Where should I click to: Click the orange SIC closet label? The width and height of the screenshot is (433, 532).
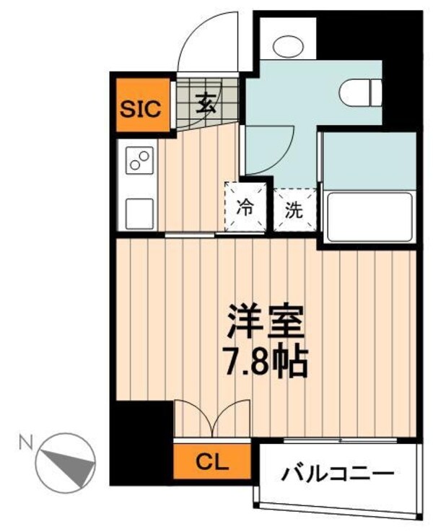[x=141, y=108]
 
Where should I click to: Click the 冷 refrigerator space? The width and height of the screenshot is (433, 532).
[x=246, y=209]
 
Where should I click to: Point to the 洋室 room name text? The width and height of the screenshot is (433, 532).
[x=266, y=323]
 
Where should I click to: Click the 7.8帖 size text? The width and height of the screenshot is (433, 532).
[x=266, y=362]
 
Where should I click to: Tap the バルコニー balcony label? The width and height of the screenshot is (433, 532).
[x=338, y=474]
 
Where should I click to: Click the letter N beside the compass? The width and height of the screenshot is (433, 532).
[x=25, y=439]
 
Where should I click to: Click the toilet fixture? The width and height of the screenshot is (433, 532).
[x=360, y=92]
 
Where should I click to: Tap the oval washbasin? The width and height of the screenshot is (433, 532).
[x=289, y=45]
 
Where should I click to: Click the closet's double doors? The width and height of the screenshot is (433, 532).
[x=211, y=419]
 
